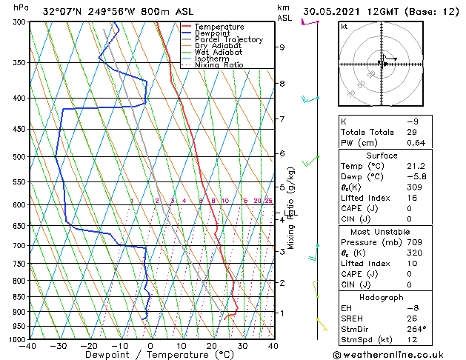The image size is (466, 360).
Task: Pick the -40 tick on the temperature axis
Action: (27, 346)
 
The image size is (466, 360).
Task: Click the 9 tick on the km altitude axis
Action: (282, 47)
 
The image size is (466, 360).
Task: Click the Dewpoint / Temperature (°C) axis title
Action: (150, 355)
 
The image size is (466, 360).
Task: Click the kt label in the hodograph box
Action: (344, 27)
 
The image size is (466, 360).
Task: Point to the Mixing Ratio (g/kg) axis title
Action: (292, 208)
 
